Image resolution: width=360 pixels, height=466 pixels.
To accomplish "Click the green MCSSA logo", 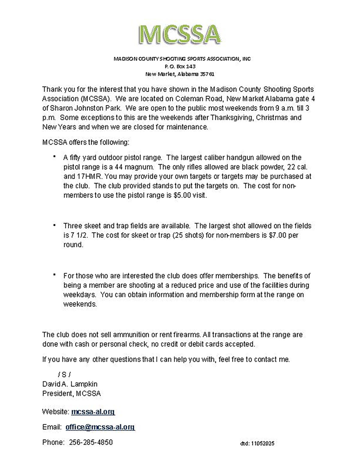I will coord(180,34).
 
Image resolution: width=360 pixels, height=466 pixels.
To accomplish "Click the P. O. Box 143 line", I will coord(180,66).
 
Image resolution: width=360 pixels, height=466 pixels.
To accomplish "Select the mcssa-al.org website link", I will coord(93,412).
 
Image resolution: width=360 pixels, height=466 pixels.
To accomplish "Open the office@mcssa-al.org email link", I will coord(100,427).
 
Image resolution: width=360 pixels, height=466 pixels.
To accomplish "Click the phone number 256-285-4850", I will coord(91,442).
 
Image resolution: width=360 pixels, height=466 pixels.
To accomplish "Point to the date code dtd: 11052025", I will coord(257,443).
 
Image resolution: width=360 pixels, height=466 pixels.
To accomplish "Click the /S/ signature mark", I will coord(64,374).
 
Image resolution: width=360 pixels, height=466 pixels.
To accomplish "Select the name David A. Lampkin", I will coord(70,384).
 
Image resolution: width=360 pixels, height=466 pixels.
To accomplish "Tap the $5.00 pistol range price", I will coord(182,195).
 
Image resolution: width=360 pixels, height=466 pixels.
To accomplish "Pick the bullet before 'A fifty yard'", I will coord(54,157).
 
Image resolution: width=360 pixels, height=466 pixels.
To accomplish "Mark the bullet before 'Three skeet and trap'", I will coord(54,225).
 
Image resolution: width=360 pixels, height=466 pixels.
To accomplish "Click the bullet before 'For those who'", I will coord(54,275).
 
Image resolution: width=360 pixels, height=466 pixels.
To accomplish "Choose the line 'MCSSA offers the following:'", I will coord(86,142).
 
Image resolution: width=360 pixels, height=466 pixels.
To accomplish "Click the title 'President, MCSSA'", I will coord(71,393).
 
